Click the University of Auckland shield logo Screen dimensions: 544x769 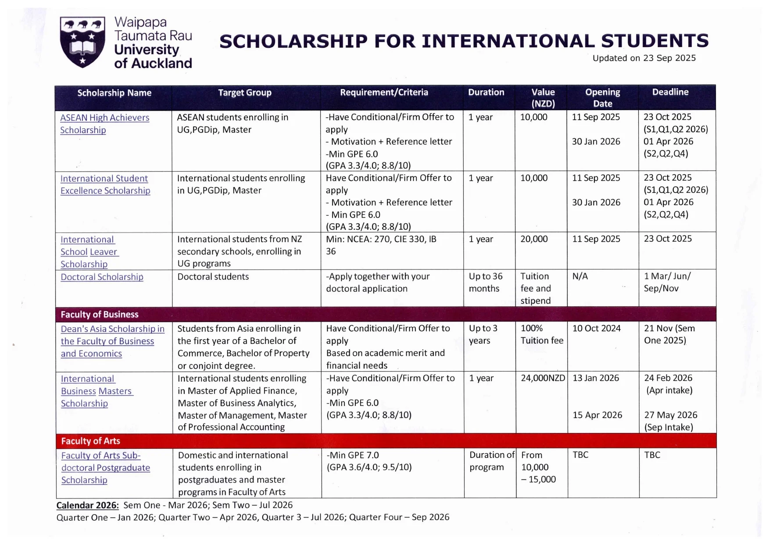tap(82, 42)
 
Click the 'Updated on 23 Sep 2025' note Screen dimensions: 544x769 tap(644, 58)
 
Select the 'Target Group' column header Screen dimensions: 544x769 tap(245, 93)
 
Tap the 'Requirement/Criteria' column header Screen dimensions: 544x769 tap(384, 93)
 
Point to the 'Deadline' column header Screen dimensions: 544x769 tap(670, 92)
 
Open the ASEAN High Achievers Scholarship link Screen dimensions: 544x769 tap(104, 124)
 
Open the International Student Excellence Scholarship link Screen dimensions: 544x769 tap(105, 185)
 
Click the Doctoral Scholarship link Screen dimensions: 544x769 tap(102, 277)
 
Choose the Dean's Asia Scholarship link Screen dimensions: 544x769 tap(112, 341)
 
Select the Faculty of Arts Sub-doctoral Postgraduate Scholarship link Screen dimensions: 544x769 tap(105, 468)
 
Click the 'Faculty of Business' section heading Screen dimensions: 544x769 tap(100, 315)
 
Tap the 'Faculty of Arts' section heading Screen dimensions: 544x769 tap(90, 441)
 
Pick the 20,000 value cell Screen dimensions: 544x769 tap(534, 239)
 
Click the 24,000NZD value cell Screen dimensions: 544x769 tap(543, 378)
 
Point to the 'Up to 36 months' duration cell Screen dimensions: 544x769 tap(485, 283)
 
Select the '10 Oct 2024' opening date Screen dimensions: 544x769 tap(596, 329)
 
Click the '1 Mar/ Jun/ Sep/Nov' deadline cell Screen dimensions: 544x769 tap(667, 283)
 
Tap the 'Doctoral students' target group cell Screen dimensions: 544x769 tap(213, 277)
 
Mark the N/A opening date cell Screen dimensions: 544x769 tap(580, 276)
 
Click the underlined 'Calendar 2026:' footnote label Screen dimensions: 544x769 tap(87, 505)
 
